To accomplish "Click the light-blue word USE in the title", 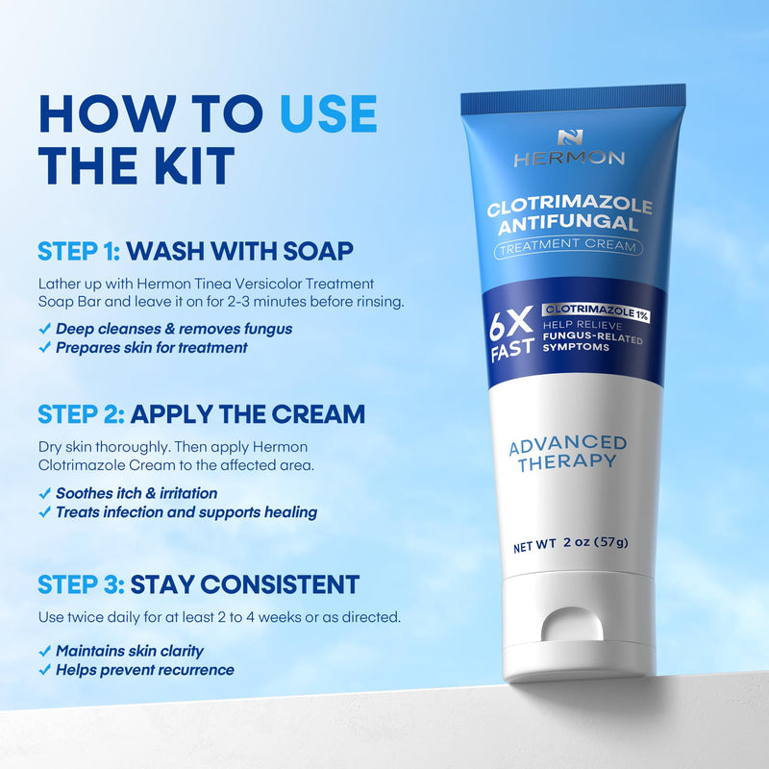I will click(329, 114).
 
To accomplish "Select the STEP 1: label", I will click(79, 252).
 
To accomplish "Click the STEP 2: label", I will click(79, 414).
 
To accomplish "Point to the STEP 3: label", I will click(79, 583).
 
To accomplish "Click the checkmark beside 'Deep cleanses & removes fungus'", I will click(44, 329).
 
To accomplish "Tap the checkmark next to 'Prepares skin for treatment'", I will click(44, 347).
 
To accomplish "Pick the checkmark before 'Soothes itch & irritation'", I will click(44, 493).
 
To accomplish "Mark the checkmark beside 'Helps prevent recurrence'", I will click(44, 670).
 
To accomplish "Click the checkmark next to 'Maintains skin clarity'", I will click(44, 651).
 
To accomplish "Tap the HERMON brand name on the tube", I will click(568, 159).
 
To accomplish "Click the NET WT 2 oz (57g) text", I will click(569, 542).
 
